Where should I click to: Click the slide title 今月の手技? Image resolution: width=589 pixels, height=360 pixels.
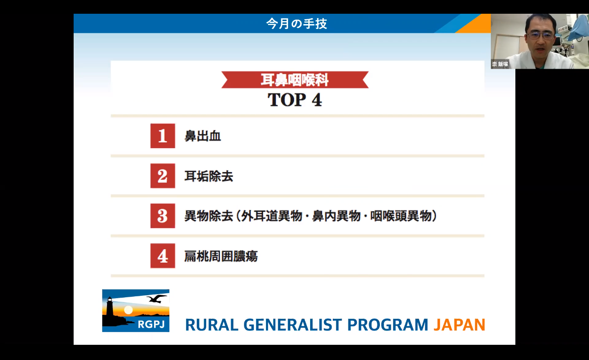point(296,24)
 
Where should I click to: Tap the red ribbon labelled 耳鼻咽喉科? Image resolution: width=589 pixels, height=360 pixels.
point(295,79)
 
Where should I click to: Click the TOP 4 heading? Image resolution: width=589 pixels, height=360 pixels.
point(295,100)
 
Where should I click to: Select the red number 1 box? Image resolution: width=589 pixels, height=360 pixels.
point(162,136)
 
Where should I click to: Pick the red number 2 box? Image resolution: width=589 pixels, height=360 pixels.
point(162,176)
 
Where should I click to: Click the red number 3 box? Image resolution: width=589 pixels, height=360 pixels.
point(162,216)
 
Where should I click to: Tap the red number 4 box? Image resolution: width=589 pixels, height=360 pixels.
point(162,256)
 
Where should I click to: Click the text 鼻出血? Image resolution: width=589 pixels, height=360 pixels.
point(202,136)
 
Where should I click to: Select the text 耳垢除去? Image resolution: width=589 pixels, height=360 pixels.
point(209,176)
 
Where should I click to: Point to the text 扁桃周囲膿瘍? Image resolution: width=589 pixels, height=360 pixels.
point(221,256)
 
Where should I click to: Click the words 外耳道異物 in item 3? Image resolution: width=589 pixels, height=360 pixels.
point(271,216)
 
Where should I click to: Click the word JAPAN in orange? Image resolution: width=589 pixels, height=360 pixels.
point(459,325)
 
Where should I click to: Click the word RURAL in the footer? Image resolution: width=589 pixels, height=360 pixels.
point(212,325)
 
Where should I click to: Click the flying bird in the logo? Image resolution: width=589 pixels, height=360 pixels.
point(157,299)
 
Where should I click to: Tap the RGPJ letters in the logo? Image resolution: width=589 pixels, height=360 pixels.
point(151,325)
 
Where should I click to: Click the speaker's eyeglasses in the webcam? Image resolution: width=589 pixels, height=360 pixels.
point(540,35)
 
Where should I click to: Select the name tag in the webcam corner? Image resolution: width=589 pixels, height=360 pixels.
point(500,64)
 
